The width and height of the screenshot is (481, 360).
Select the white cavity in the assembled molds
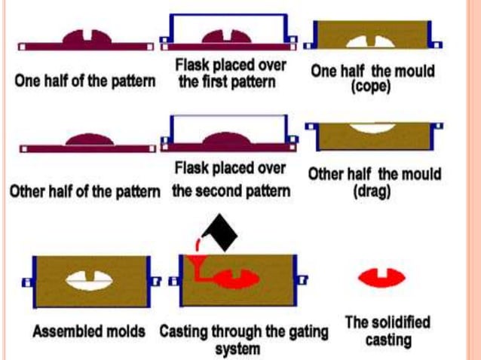pos(89,279)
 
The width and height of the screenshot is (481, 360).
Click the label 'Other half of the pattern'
pos(84,191)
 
